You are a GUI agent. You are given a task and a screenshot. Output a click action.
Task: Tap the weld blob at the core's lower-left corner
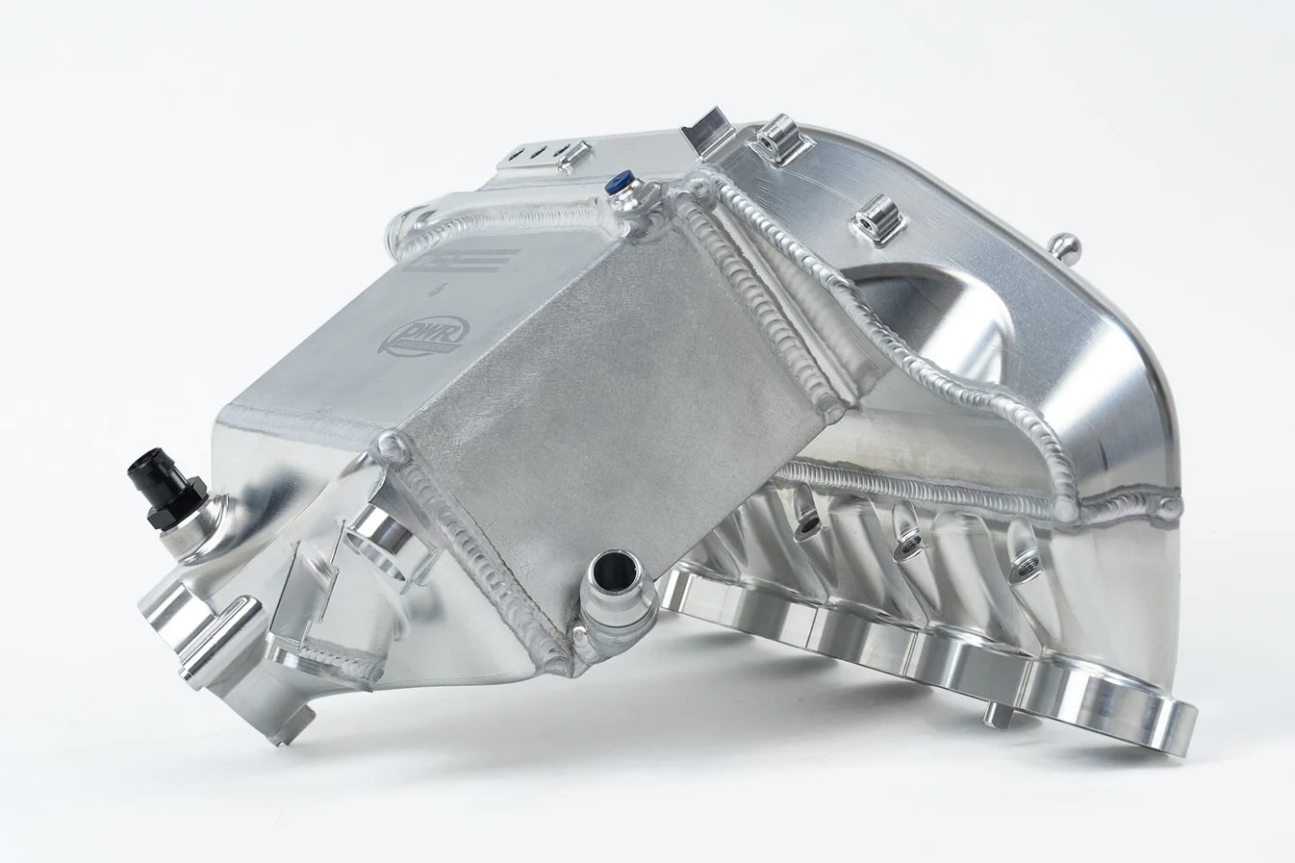pyautogui.click(x=394, y=444)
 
